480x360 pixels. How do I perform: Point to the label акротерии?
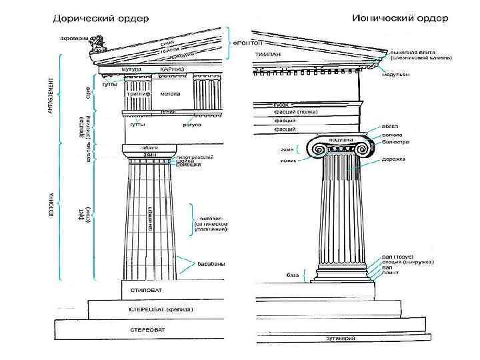72,38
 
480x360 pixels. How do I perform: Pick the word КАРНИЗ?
172,69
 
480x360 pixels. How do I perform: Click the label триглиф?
138,94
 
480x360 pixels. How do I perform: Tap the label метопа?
169,94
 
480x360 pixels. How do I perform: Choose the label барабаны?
211,264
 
